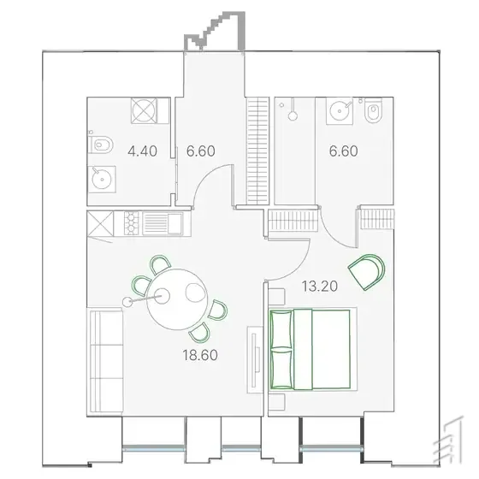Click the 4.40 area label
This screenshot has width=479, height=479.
[x=142, y=151]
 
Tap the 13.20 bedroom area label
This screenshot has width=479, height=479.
[x=320, y=287]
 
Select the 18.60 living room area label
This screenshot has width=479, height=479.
[x=200, y=355]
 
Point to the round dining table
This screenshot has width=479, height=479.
[x=177, y=299]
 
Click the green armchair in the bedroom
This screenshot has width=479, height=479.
[x=367, y=272]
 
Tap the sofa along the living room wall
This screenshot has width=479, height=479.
[x=104, y=362]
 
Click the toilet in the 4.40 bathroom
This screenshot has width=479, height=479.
[x=101, y=145]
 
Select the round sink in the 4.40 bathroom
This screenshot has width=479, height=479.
[x=102, y=179]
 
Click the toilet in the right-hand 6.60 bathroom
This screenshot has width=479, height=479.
[x=373, y=111]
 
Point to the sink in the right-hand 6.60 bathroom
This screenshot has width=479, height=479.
[x=340, y=111]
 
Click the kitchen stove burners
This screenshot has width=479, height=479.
[x=131, y=223]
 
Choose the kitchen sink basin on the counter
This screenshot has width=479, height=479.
[x=175, y=223]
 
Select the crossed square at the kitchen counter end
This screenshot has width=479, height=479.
[x=100, y=224]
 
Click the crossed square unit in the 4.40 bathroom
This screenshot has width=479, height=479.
[x=144, y=110]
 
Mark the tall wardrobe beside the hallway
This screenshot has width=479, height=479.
[x=257, y=151]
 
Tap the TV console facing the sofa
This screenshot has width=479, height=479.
[x=255, y=360]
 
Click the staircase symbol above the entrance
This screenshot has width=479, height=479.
[x=215, y=31]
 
